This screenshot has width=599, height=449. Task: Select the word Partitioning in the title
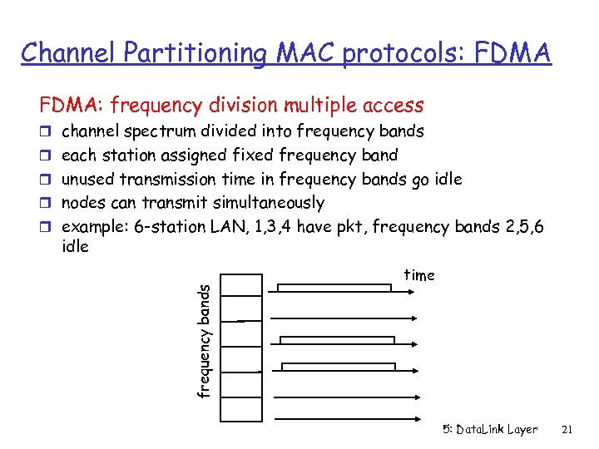coord(196,53)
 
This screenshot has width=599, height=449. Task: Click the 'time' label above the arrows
coord(418,275)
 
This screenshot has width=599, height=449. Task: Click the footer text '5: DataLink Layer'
coord(490,430)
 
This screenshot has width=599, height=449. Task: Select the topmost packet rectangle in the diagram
coord(334,288)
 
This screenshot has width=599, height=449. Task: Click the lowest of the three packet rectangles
coord(338,367)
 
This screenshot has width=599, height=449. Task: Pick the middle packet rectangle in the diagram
coord(337,339)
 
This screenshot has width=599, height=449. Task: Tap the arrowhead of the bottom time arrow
coord(419,397)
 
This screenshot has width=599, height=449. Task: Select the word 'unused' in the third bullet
coord(89,179)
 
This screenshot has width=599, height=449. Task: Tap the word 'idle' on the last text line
coord(76,247)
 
